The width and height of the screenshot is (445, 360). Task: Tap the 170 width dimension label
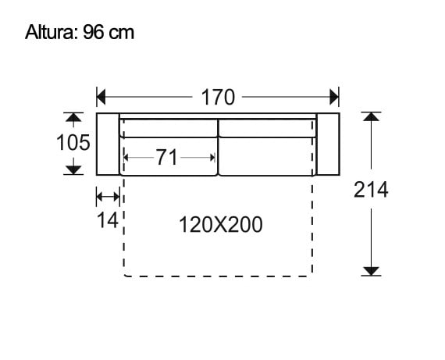pyautogui.click(x=218, y=98)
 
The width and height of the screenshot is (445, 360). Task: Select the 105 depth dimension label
pyautogui.click(x=73, y=144)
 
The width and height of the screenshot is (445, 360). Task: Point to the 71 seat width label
pyautogui.click(x=167, y=158)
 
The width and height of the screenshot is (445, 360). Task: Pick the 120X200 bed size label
pyautogui.click(x=221, y=225)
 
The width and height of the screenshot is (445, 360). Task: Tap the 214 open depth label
pyautogui.click(x=371, y=190)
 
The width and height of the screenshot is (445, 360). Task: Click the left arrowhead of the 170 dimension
pyautogui.click(x=101, y=98)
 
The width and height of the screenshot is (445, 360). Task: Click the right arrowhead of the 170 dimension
pyautogui.click(x=335, y=98)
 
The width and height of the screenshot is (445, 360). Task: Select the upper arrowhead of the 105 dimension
pyautogui.click(x=73, y=118)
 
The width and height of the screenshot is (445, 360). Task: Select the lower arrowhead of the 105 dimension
pyautogui.click(x=73, y=169)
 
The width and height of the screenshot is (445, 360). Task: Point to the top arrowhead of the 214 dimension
pyautogui.click(x=371, y=117)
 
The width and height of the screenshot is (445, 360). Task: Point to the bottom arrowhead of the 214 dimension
pyautogui.click(x=371, y=270)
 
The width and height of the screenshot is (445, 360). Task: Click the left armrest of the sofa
pyautogui.click(x=107, y=144)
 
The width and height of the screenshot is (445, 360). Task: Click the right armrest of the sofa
pyautogui.click(x=329, y=144)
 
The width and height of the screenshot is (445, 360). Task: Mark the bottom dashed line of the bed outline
pyautogui.click(x=218, y=276)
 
